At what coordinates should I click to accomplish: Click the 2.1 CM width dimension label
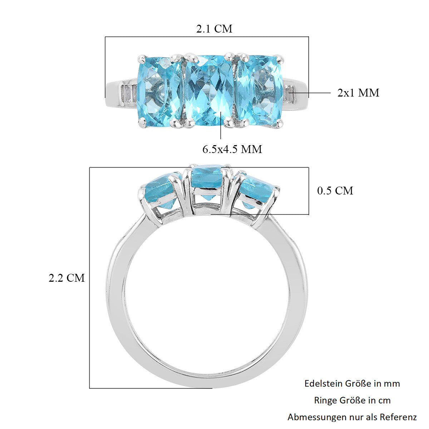214,29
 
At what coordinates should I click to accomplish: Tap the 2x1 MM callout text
358,93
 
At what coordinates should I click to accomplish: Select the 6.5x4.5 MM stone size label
232,149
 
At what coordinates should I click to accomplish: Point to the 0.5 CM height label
335,191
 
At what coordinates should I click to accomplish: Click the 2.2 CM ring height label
67,278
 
